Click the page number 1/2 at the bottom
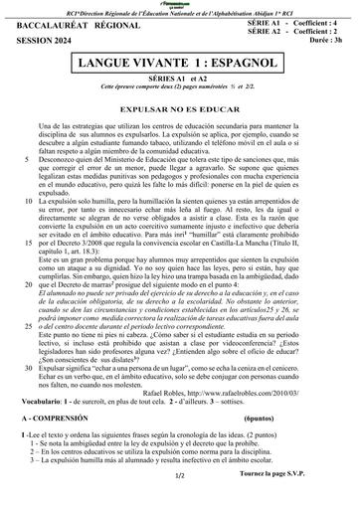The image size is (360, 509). coord(179,503)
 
